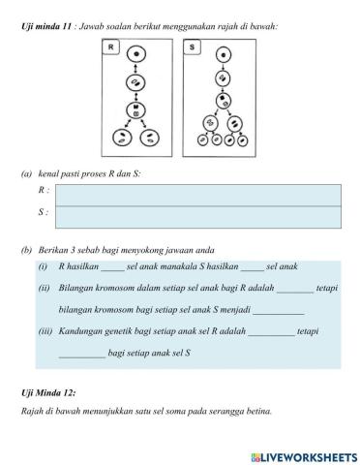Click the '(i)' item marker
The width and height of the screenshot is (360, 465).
[44, 267]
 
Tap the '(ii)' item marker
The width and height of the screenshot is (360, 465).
[45, 289]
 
